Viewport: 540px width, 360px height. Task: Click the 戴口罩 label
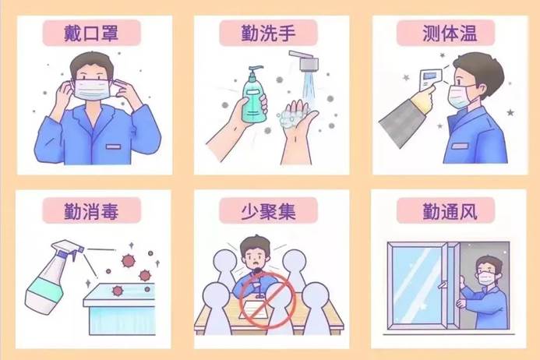(91, 32)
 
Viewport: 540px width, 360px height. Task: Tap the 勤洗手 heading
(269, 32)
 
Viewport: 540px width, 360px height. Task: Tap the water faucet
(306, 61)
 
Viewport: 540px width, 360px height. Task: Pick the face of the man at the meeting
(256, 257)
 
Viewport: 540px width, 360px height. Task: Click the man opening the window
(485, 292)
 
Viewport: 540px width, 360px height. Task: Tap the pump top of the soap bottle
(250, 71)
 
